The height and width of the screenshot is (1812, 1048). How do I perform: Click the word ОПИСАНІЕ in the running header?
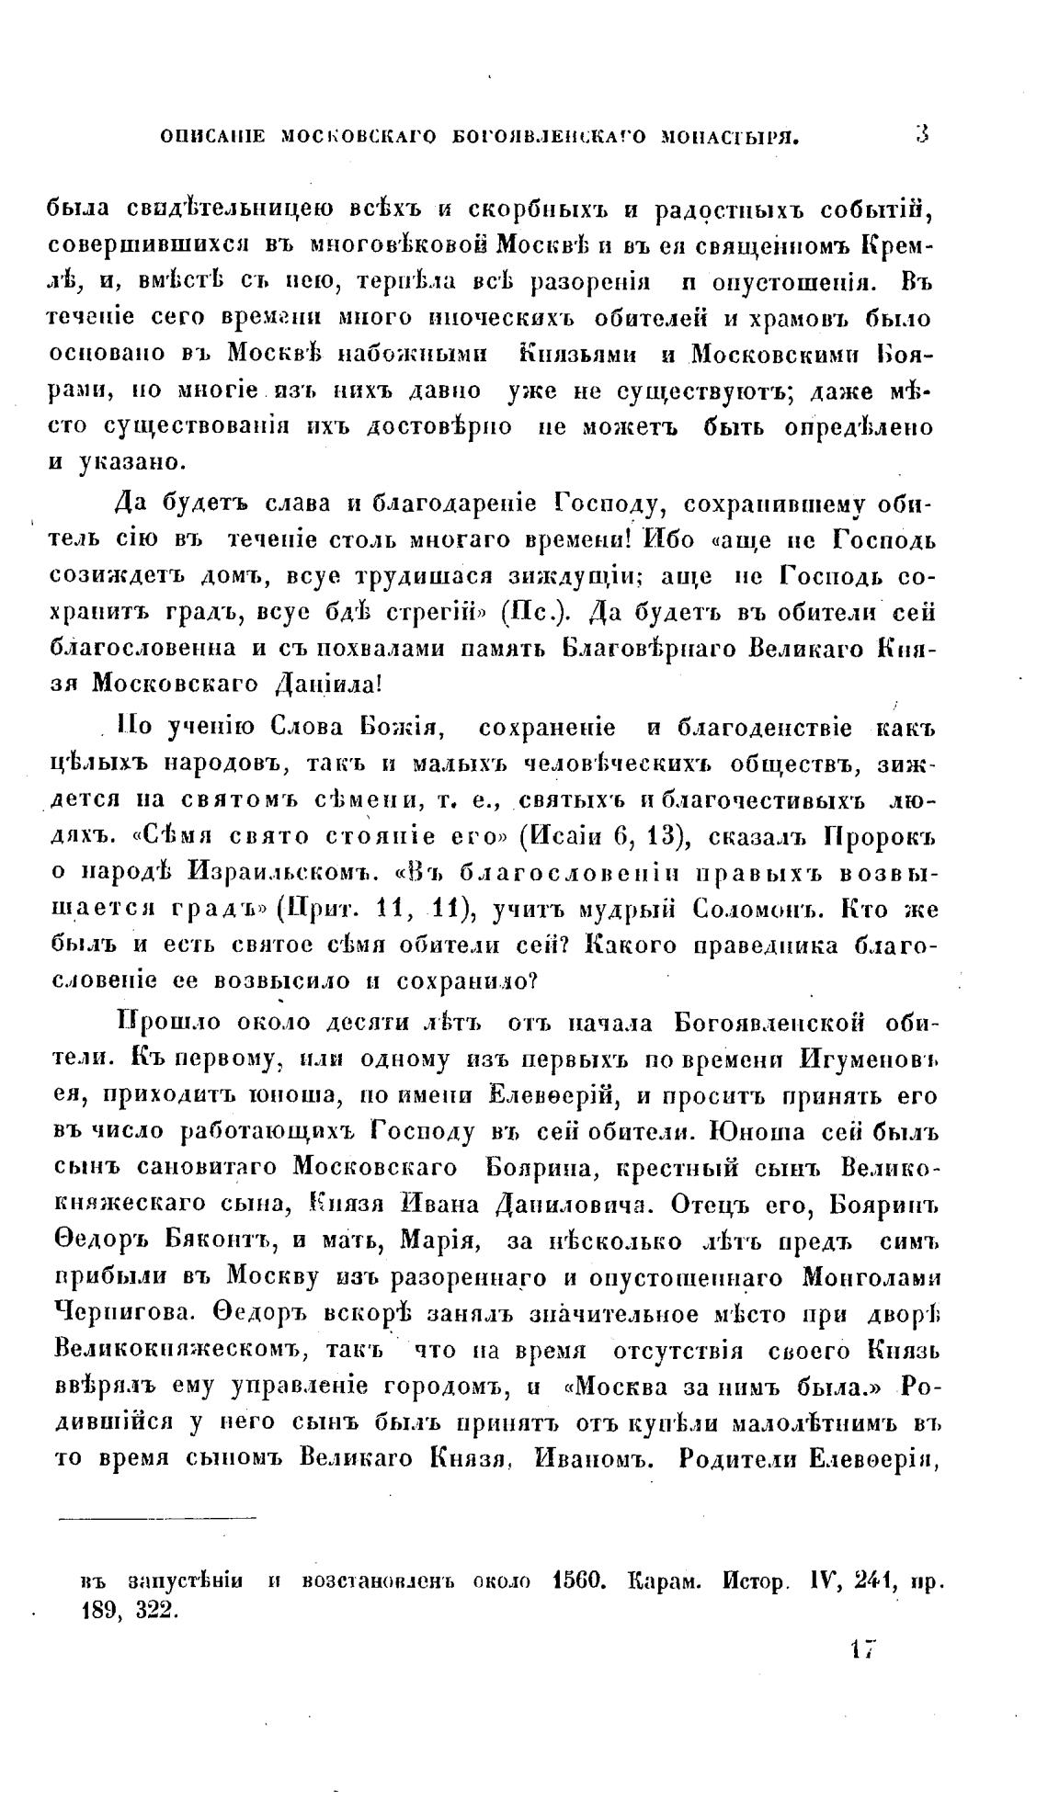(212, 138)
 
